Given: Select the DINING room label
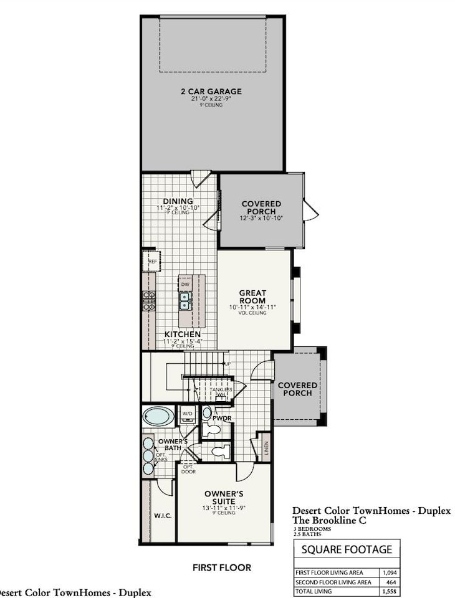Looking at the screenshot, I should pos(178,201).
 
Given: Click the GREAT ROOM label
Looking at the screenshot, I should pos(252,297).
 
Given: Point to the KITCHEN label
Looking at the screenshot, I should pos(182,335).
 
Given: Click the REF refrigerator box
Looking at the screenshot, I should pos(151,262).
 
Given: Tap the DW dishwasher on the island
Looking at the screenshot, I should pos(185,284).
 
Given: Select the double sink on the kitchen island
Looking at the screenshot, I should pos(185,301).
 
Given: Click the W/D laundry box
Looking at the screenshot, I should pos(187,413).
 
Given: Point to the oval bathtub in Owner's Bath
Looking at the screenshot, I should pos(158,416).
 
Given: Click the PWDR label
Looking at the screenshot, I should pos(222,419).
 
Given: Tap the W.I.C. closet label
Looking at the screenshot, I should pos(162,516).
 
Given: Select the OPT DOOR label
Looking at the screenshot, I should pos(188,468).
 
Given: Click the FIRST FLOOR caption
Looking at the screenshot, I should pos(222,567).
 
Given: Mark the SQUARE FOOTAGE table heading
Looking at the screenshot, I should pos(347,549).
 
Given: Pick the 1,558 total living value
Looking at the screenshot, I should pos(390,591).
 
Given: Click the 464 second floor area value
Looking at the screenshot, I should pos(390,582).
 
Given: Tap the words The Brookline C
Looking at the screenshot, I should pos(330,521).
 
